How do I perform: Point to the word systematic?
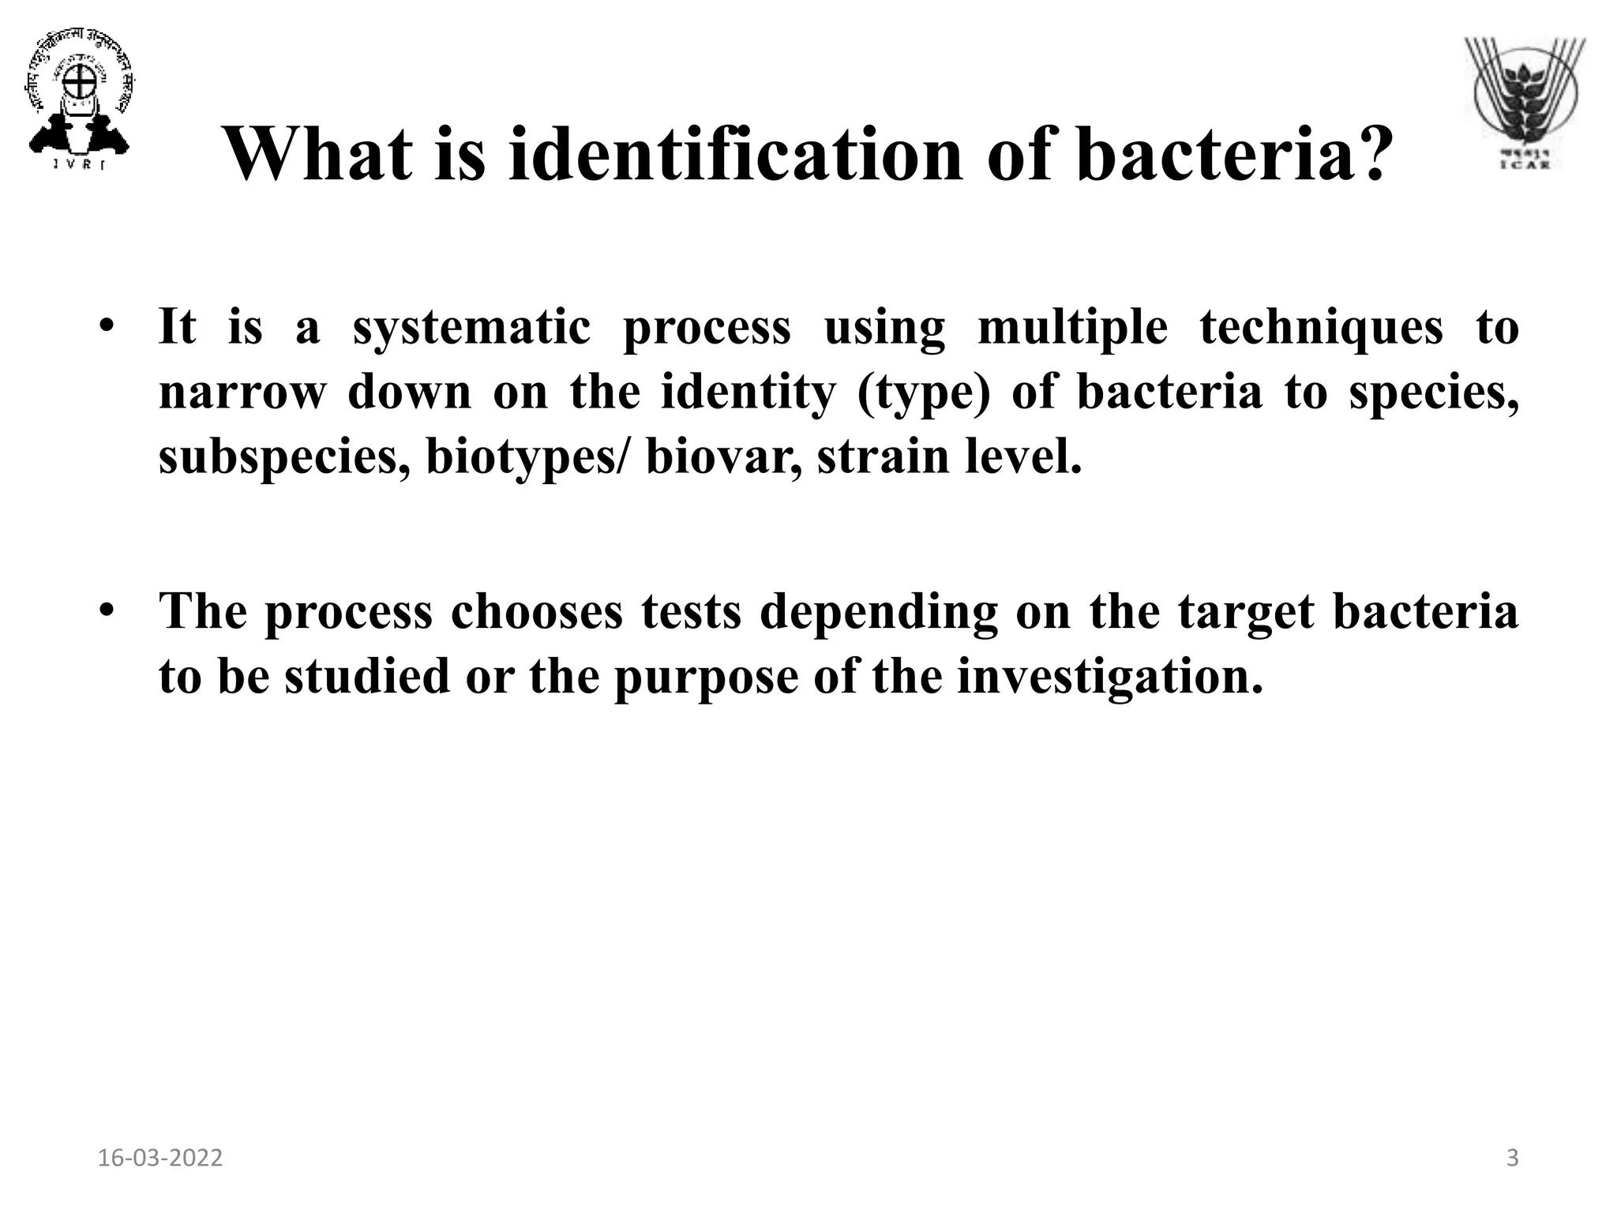coord(471,328)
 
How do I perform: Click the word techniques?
coord(1321,328)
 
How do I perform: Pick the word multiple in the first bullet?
coord(1072,328)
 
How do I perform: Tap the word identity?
coord(747,392)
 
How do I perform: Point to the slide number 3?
coord(1512,1159)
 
